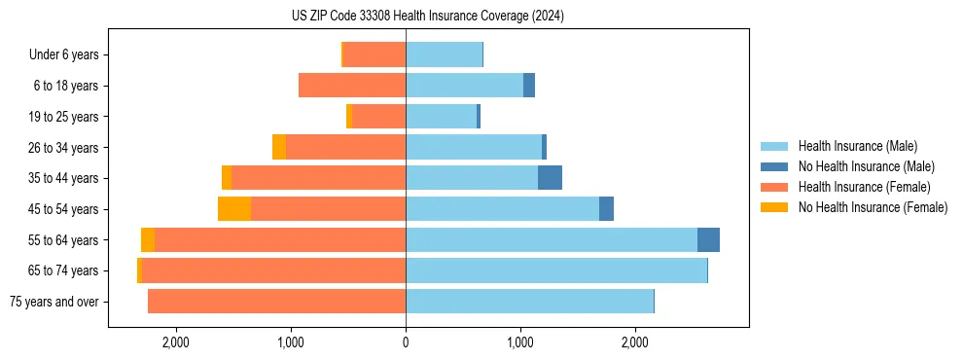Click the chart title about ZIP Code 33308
pos(427,17)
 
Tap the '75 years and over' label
pos(53,302)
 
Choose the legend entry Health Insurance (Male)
pos(856,146)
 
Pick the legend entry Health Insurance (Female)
pos(863,187)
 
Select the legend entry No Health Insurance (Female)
pos(872,207)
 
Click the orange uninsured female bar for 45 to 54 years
pos(234,209)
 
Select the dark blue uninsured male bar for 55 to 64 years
pos(708,239)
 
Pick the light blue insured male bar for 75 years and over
pos(529,302)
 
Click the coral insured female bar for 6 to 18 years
pos(352,86)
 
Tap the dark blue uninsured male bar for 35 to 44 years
pos(550,178)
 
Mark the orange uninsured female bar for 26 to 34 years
pos(279,147)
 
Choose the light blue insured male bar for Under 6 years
pos(444,55)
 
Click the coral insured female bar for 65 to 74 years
pos(273,270)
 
